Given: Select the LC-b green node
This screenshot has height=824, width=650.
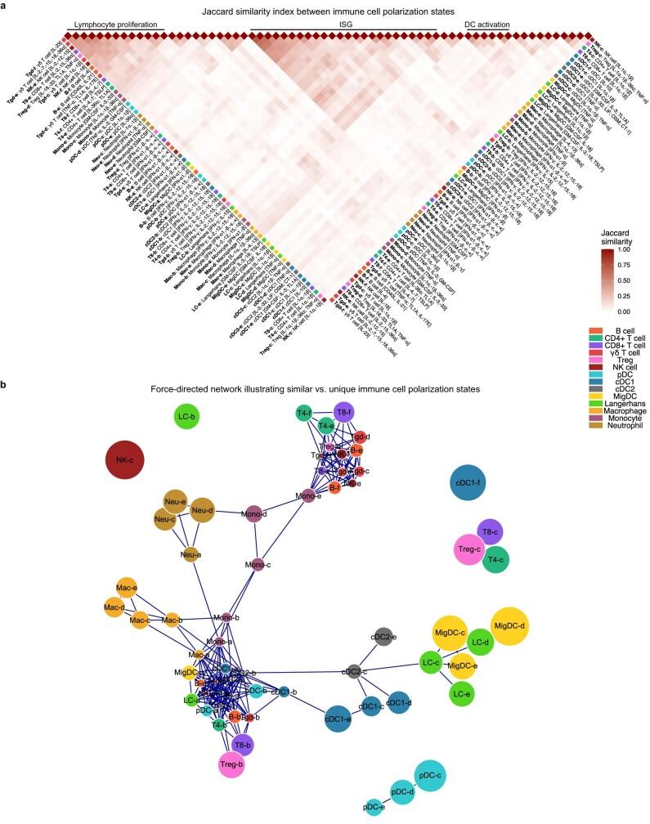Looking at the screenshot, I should coord(185,418).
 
